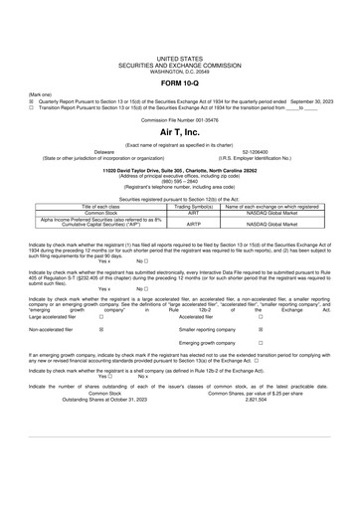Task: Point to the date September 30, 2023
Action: coord(300,99)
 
